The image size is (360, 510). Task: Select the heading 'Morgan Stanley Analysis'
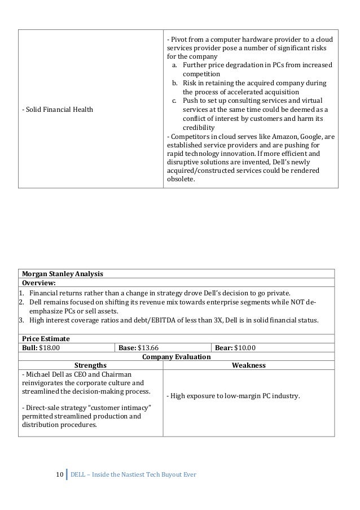tap(62, 274)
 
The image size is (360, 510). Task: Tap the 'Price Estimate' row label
tap(45, 338)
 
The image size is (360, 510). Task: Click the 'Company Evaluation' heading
tap(176, 356)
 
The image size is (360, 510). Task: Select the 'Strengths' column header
tap(90, 365)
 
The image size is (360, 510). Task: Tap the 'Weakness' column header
tap(248, 365)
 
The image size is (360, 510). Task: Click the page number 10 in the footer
tap(60, 473)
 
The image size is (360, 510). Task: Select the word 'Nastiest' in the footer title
tap(134, 473)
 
